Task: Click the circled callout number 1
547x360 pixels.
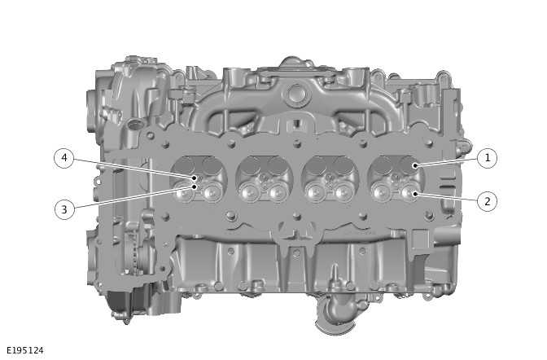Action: coord(487,158)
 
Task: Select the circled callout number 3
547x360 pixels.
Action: coord(64,209)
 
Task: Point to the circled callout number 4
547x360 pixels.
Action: coord(64,158)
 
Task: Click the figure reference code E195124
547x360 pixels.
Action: coord(24,350)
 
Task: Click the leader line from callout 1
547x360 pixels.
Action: coord(448,162)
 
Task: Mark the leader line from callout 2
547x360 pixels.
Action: coord(448,197)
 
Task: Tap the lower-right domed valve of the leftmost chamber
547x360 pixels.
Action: coord(214,192)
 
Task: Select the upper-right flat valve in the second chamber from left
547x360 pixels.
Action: coord(277,167)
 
